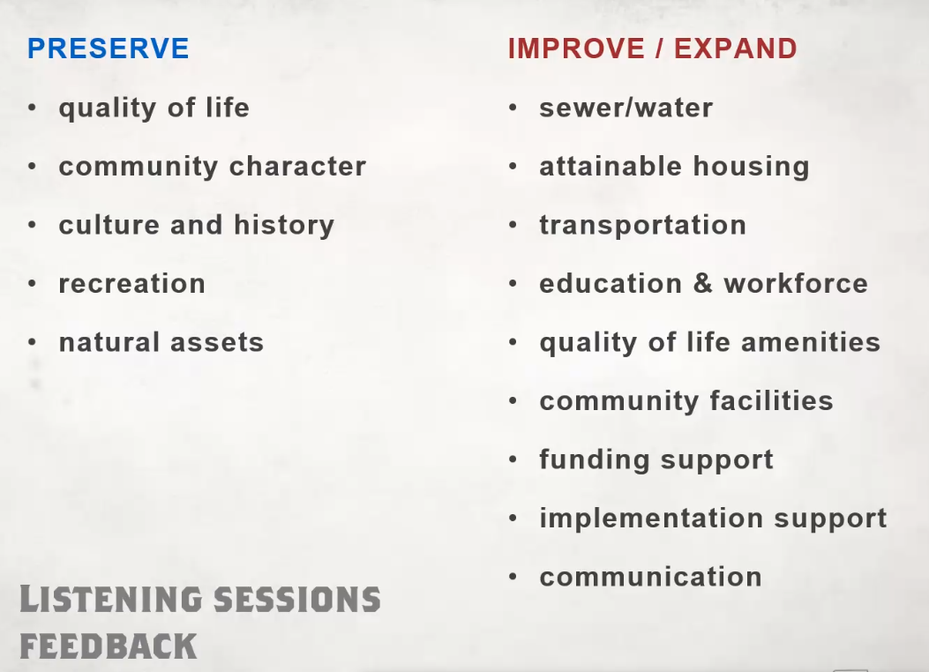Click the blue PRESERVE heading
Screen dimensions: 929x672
coord(108,49)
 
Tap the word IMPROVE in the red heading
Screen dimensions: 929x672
coord(576,49)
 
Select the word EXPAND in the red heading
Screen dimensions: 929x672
coord(735,49)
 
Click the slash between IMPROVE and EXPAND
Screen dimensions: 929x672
coord(659,49)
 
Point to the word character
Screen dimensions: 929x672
coord(298,167)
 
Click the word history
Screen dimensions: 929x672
coord(284,226)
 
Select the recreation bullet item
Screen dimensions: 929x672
coord(132,284)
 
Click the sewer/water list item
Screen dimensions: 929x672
coord(626,108)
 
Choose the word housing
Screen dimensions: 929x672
coord(752,168)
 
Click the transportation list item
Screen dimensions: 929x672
coord(643,226)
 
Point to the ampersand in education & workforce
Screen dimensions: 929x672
coord(702,284)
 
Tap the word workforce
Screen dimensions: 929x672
coord(796,284)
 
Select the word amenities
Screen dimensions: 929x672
coord(811,342)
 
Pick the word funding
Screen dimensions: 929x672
coord(595,460)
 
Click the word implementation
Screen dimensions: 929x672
coord(651,519)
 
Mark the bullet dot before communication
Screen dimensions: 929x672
coord(513,577)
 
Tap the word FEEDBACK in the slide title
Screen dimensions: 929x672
coord(108,646)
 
